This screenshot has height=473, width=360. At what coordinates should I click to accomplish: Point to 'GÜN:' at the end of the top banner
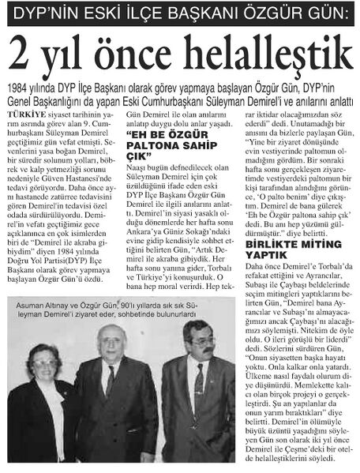click(326, 13)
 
